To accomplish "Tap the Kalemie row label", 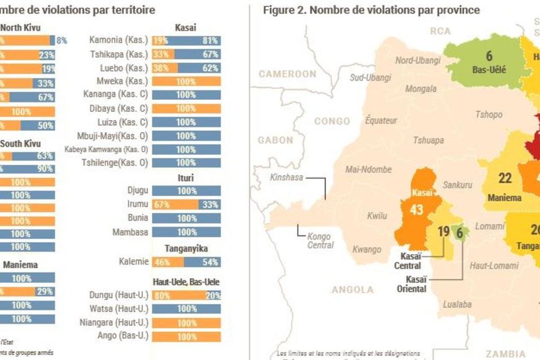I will tap(134, 262).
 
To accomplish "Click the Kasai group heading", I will tap(186, 27).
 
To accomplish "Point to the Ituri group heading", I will tap(186, 178).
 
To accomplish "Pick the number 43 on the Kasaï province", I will tap(416, 210).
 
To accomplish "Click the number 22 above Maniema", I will tap(505, 178).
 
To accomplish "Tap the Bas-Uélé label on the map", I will tap(489, 70).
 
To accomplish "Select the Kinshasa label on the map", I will tap(287, 177).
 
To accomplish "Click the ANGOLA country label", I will tap(353, 290).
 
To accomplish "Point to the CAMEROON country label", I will tap(287, 74).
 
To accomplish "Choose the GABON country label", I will tap(275, 140).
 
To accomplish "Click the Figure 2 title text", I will tap(371, 10).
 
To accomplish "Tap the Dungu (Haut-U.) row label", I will tap(118, 296).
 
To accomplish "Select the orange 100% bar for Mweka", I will tap(186, 81).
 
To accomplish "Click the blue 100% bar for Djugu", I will tap(186, 191).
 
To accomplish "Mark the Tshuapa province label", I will tap(428, 140).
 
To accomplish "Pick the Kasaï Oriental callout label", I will tap(412, 284).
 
